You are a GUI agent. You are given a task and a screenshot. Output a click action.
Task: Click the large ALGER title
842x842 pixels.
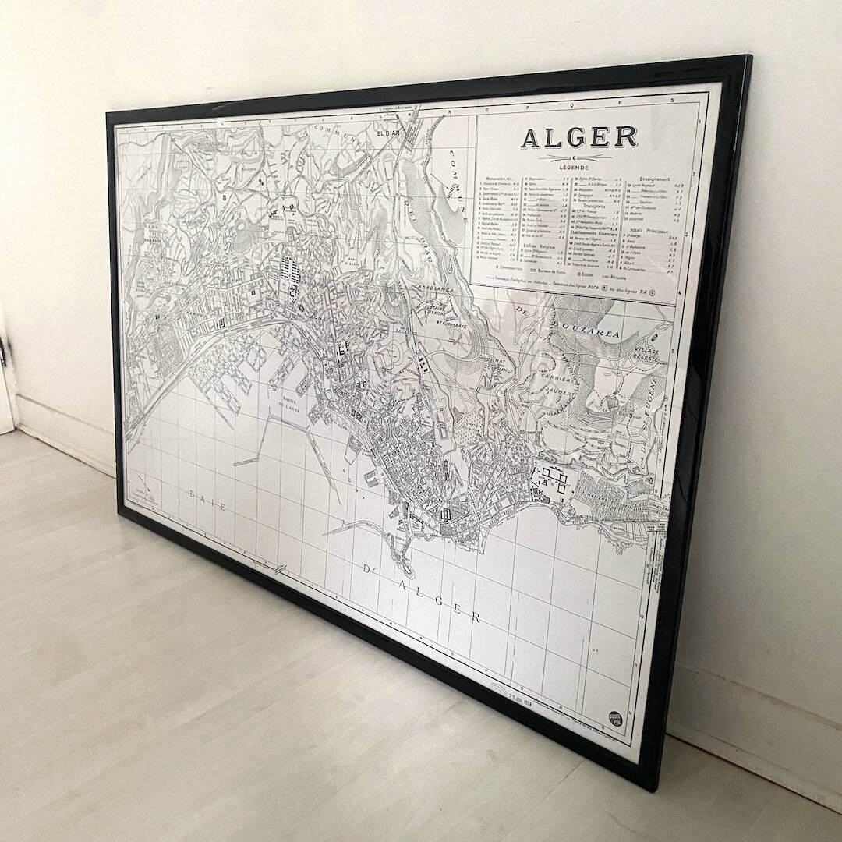pyautogui.click(x=578, y=137)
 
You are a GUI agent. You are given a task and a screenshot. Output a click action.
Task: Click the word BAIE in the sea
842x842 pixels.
pyautogui.click(x=207, y=500)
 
